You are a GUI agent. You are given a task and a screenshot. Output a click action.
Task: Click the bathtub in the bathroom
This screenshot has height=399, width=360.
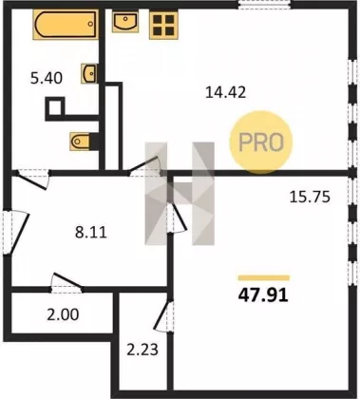[x=66, y=25]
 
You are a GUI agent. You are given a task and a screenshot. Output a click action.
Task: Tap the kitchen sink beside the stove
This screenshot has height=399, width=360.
[x=125, y=21]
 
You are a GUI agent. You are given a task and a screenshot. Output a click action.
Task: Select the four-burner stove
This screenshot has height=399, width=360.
[x=163, y=25]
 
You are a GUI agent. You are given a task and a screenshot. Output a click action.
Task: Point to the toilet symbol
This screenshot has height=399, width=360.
[x=81, y=141]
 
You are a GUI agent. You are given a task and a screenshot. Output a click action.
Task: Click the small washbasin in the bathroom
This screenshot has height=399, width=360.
[x=89, y=73]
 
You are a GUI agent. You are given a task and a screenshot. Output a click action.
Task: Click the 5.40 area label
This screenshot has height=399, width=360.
[x=47, y=78]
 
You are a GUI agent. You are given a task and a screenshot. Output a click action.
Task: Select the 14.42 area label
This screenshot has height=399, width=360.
[x=225, y=92]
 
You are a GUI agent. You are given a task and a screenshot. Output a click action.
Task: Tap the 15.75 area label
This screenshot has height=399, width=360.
[x=310, y=197]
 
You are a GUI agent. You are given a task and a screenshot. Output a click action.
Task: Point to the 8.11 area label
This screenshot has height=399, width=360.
[x=91, y=233]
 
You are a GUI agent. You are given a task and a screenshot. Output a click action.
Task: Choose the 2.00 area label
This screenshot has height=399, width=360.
[x=63, y=314]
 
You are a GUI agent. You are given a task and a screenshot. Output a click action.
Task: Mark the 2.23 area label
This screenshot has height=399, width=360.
[x=142, y=350]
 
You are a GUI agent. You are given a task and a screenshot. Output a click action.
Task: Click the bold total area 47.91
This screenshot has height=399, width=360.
[x=263, y=295]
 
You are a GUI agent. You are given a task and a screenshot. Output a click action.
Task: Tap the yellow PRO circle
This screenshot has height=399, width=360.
[x=261, y=142]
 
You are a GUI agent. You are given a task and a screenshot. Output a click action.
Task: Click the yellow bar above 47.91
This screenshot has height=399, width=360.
[x=264, y=278]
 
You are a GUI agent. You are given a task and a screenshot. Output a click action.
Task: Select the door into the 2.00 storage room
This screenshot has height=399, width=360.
[x=67, y=283]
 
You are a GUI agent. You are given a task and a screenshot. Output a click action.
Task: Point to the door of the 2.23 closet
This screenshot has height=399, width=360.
[x=163, y=316]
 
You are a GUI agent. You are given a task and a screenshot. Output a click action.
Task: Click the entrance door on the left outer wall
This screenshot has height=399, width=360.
[x=16, y=232]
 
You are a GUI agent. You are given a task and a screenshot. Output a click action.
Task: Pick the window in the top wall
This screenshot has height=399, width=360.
[x=265, y=5]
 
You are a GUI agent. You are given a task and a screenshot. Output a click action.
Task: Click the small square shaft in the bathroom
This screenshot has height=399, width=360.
[x=56, y=106]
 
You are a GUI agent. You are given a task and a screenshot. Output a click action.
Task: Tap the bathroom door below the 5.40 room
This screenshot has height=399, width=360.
[x=32, y=180]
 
